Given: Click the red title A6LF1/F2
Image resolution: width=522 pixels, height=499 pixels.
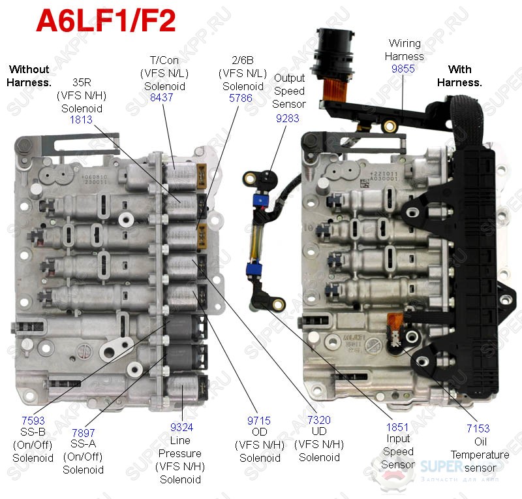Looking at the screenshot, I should tap(105, 22).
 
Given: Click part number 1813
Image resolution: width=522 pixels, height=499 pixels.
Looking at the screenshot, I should tap(81, 120).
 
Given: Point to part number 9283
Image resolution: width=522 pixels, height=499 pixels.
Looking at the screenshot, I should tap(288, 118).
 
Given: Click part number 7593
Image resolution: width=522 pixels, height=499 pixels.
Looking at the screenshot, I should tap(33, 421).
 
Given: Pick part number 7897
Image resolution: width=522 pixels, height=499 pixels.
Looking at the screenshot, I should tap(83, 433).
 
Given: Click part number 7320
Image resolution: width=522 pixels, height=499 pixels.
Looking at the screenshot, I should tap(319, 421).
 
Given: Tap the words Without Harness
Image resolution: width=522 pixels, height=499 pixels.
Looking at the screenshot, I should tap(29, 76).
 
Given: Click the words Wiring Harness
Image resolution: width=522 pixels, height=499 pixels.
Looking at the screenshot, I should tap(405, 50).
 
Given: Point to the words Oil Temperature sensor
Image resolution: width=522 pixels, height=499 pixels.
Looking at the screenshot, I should tap(480, 455).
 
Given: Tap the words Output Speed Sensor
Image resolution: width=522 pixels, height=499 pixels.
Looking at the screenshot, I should tap(289, 91).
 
